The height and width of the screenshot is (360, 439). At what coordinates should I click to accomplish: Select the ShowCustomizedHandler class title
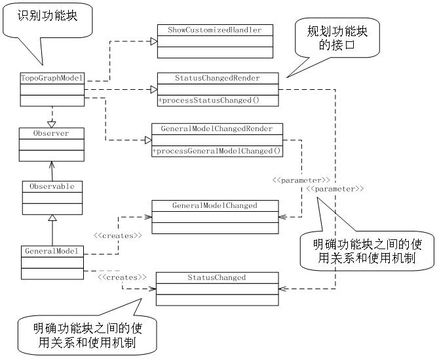[214, 30]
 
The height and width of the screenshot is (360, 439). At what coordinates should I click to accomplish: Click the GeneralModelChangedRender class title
[217, 129]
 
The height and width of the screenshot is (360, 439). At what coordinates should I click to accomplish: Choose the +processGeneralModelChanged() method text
[217, 151]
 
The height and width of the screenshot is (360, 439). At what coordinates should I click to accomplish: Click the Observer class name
[51, 133]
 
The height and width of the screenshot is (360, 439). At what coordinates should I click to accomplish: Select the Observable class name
[52, 186]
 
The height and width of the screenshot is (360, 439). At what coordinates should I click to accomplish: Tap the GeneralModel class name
[52, 250]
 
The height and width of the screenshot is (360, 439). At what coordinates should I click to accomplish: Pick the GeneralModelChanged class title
[215, 205]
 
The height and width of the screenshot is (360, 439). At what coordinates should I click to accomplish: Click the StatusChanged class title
[216, 277]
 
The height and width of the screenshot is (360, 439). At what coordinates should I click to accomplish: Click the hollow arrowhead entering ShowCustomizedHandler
[153, 41]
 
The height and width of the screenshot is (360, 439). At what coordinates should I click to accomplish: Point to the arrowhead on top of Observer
[52, 123]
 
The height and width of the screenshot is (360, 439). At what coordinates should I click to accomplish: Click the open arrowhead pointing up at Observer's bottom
[52, 165]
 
